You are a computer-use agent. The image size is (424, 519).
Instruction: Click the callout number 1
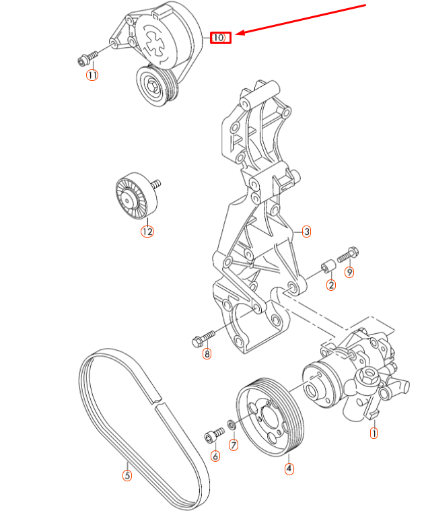[374, 434]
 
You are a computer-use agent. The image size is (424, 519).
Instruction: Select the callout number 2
[331, 285]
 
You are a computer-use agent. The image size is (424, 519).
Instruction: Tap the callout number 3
[306, 232]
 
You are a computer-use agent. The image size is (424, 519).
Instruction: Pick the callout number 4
[289, 468]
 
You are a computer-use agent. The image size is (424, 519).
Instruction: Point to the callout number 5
[127, 475]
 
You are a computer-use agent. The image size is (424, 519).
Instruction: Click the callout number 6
[215, 456]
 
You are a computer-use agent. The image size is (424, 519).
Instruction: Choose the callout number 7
[234, 445]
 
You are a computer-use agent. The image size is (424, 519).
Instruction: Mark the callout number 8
[207, 353]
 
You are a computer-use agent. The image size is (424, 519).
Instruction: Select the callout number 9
[349, 272]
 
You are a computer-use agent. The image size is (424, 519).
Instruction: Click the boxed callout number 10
[221, 38]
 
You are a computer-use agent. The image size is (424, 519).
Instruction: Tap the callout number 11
[92, 75]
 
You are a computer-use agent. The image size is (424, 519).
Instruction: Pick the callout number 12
[147, 232]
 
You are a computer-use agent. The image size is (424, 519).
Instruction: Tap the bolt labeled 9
[348, 255]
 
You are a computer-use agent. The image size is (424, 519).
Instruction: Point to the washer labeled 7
[230, 424]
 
